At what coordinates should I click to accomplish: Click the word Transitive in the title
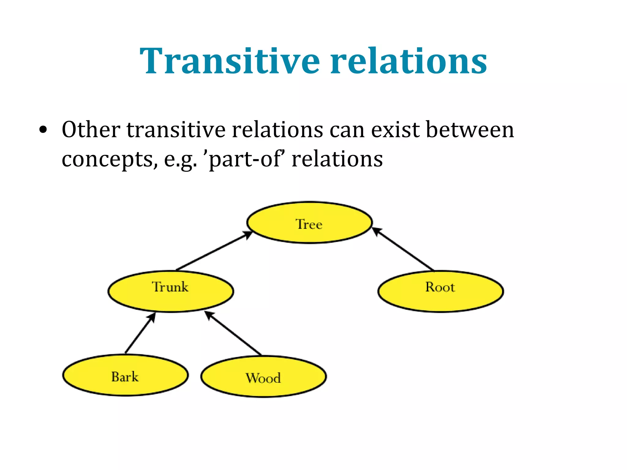tap(230, 61)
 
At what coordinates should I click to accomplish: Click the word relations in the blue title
tap(409, 61)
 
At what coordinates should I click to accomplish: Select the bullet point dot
tap(43, 130)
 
